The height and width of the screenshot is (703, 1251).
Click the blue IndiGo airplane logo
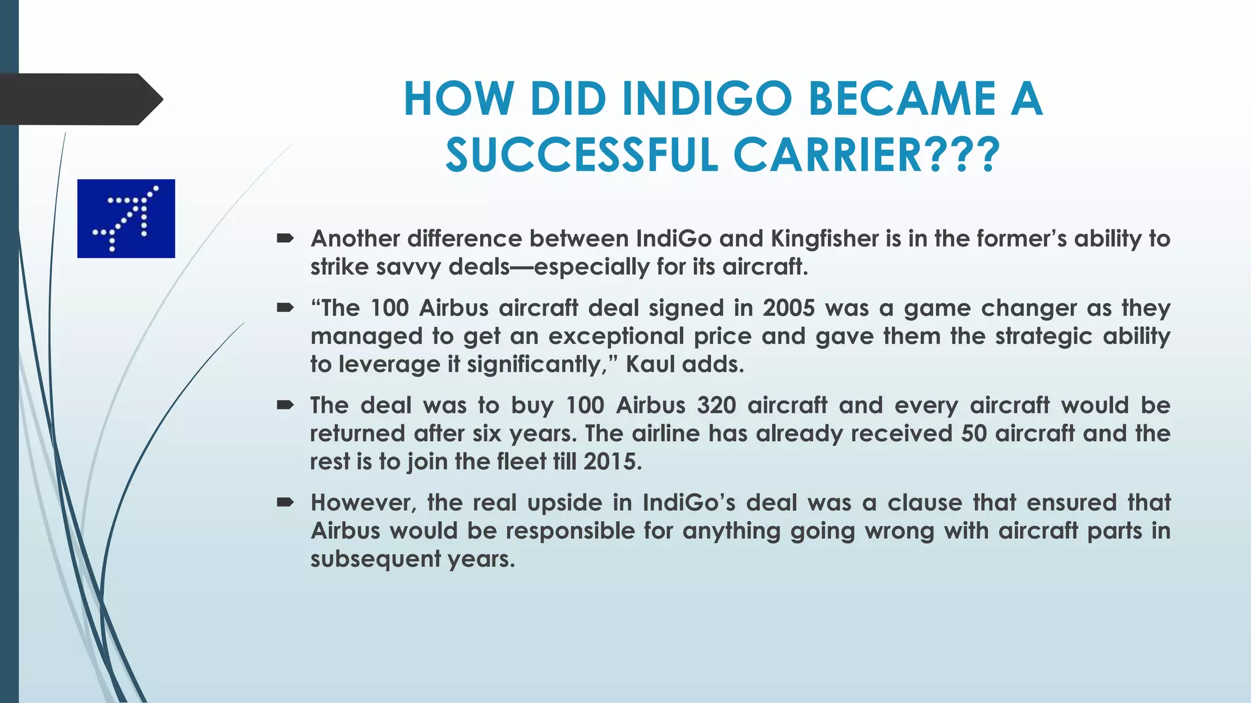[126, 218]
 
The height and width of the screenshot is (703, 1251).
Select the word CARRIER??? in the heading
[866, 155]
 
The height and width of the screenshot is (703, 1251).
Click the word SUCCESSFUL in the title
[582, 155]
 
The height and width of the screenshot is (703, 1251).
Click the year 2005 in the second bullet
[789, 308]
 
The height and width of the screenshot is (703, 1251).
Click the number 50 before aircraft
[974, 434]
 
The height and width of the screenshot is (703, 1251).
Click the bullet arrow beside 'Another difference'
[285, 239]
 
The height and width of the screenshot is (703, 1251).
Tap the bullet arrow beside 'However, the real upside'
[285, 503]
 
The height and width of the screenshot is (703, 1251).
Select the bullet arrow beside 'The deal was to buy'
[285, 405]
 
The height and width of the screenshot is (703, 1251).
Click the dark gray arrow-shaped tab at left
[79, 99]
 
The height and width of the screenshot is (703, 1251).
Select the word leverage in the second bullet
[389, 364]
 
